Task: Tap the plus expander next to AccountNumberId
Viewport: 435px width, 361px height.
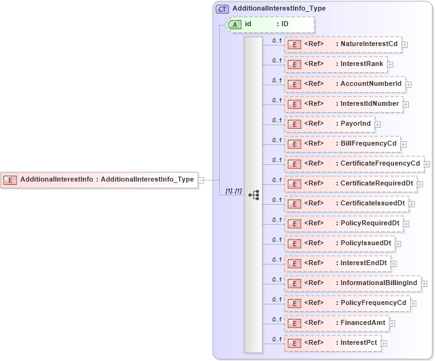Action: (409, 85)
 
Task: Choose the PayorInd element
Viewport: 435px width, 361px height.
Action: (329, 124)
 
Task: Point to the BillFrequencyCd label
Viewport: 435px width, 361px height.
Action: (369, 144)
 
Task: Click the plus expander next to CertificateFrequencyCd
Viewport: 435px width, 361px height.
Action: (427, 164)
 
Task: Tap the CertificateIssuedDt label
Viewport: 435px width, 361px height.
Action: (373, 204)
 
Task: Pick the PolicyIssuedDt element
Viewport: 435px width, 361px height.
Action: (339, 243)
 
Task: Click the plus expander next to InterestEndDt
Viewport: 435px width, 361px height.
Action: (393, 264)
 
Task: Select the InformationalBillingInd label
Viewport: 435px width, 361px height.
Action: (379, 283)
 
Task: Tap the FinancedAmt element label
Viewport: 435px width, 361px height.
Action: (363, 323)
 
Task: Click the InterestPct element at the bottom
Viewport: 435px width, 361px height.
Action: (332, 343)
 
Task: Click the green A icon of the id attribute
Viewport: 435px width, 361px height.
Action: (235, 24)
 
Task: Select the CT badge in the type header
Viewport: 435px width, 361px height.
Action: (222, 9)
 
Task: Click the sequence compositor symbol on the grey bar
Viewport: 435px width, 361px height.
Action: (253, 195)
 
